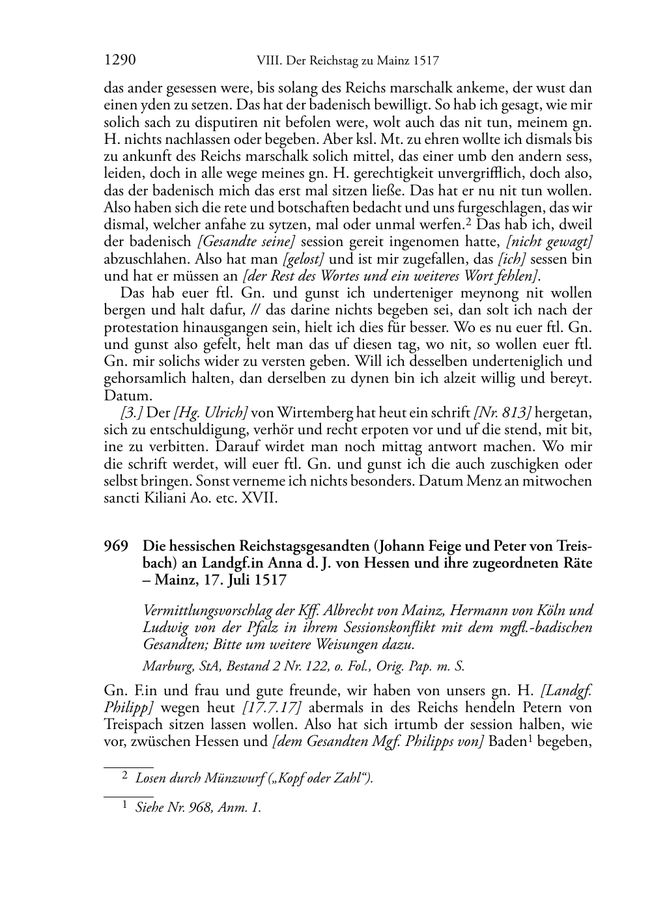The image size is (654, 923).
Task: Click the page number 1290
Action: click(x=120, y=61)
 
